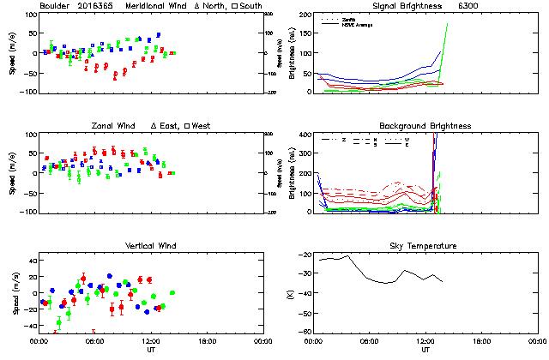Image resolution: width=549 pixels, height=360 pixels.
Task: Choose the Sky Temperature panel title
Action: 425,246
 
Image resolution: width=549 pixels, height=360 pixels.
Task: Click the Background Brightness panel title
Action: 425,126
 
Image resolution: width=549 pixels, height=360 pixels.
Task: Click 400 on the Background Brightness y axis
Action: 305,135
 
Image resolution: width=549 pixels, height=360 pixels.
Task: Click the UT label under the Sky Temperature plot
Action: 425,350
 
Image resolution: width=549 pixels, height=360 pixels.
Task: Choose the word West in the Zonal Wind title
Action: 202,126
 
